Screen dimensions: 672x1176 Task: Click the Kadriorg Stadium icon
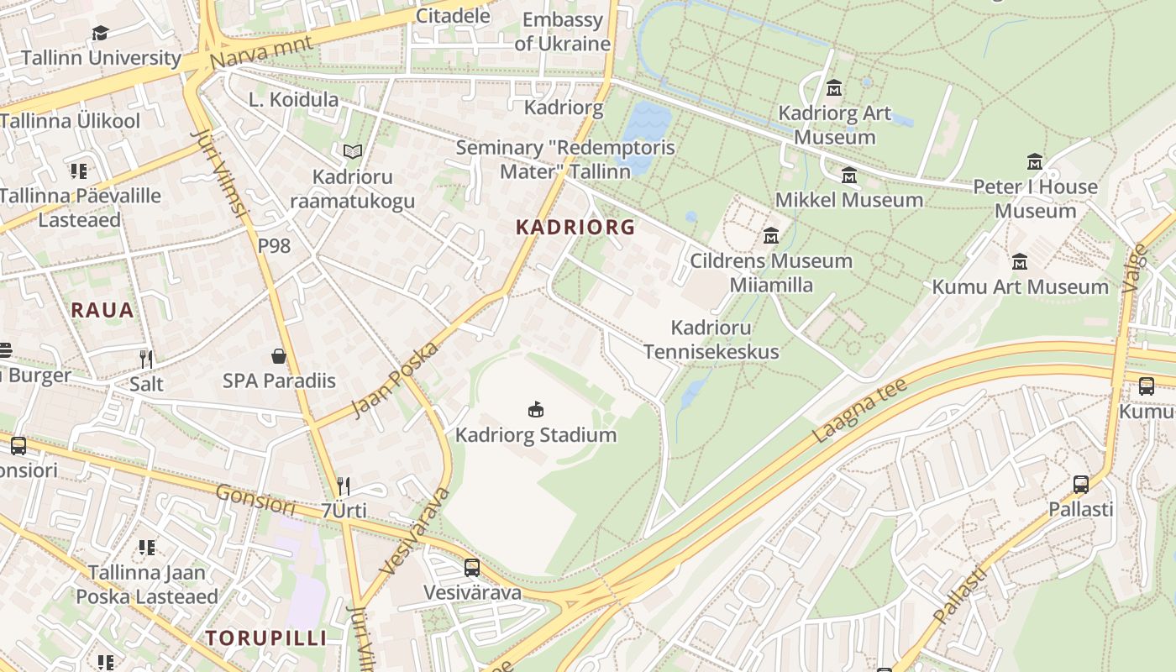tap(536, 410)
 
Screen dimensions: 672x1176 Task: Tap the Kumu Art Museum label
tap(1020, 286)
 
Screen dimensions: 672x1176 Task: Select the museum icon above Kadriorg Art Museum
tap(834, 87)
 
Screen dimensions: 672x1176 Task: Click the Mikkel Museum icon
tap(849, 176)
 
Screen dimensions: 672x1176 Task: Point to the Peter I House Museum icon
tap(1034, 161)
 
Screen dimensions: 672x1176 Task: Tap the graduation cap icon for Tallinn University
tap(100, 33)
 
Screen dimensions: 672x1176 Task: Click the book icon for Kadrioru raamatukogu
tap(353, 152)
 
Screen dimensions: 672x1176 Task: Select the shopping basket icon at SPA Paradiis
tap(279, 356)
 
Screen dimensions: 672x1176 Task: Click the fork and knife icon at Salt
tap(146, 360)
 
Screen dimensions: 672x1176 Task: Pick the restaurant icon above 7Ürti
tap(344, 486)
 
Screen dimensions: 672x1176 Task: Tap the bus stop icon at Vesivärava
tap(472, 568)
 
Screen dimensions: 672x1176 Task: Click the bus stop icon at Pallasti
tap(1081, 485)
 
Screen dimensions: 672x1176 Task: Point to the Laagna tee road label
tap(860, 411)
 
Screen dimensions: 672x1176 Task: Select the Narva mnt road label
tap(261, 52)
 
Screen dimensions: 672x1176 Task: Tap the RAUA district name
tap(102, 310)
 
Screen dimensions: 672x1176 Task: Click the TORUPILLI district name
tap(266, 638)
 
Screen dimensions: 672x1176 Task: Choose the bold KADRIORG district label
tap(575, 227)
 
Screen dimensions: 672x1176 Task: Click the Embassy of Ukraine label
tap(562, 32)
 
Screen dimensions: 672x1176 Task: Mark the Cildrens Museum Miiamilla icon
tap(770, 236)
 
